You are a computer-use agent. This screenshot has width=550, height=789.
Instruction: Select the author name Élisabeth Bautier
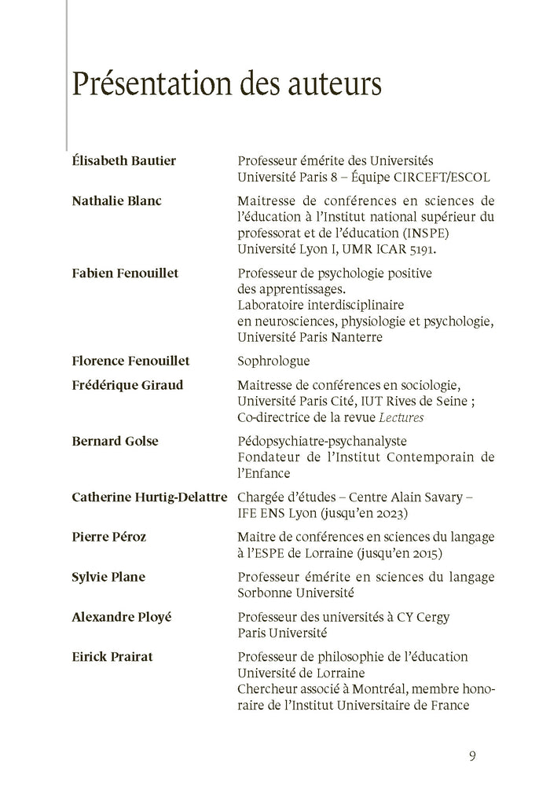click(x=123, y=161)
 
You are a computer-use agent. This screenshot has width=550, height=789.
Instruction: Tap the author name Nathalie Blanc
click(x=116, y=200)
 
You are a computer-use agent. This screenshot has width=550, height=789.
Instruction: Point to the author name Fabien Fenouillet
click(x=125, y=273)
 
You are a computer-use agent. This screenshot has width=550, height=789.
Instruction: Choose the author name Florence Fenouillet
click(x=130, y=361)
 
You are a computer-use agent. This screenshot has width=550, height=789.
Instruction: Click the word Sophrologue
click(x=273, y=361)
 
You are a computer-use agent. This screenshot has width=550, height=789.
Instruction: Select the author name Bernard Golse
click(x=115, y=441)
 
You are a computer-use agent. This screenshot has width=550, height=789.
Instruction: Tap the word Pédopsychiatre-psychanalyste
click(x=321, y=442)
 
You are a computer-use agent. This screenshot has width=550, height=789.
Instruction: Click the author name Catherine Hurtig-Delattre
click(x=149, y=497)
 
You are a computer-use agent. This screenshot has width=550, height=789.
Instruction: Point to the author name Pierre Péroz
click(x=108, y=537)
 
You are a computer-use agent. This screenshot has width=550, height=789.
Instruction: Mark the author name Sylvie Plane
click(x=108, y=577)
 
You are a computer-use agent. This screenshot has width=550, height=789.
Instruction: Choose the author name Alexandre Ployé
click(x=121, y=617)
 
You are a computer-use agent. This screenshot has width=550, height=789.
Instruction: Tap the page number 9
click(x=472, y=757)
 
